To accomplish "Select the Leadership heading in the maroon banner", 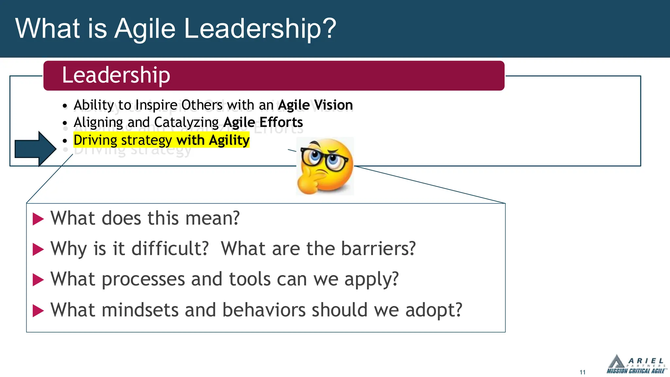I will click(116, 75).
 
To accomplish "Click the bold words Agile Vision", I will click(315, 105).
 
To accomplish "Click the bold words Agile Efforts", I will click(263, 122).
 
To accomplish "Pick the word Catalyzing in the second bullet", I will click(186, 122).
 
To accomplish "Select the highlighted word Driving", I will click(95, 140).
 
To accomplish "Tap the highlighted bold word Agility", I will click(229, 140).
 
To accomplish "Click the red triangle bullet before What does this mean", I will click(38, 219).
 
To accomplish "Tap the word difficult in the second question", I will click(170, 249).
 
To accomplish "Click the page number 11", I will click(582, 372).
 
